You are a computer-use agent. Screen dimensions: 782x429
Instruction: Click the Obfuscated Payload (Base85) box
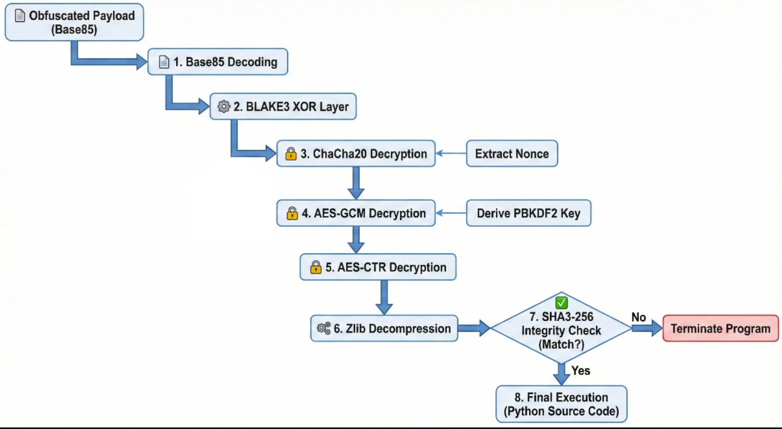pos(74,22)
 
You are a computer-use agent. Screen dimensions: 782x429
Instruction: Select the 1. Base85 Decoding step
pos(218,62)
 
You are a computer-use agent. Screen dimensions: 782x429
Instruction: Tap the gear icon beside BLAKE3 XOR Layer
pos(224,106)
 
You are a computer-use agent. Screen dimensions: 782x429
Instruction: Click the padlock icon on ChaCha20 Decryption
pos(290,153)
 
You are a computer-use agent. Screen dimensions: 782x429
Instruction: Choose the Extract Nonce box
pos(512,153)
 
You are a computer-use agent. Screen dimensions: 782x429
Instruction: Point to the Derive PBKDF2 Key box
pos(529,213)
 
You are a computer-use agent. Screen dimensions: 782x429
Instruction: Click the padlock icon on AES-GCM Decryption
pos(292,213)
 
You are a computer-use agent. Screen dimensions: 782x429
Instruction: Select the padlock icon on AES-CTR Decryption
pos(316,267)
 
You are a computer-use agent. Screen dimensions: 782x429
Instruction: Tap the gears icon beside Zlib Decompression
pos(323,328)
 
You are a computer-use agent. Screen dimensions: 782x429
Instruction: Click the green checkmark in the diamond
pos(561,303)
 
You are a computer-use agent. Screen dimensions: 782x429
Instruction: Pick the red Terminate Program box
pos(721,328)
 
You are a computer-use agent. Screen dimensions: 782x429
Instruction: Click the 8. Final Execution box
pos(561,404)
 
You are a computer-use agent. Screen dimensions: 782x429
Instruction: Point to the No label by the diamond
pos(639,317)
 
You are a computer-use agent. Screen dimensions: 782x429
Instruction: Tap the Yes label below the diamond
pos(581,370)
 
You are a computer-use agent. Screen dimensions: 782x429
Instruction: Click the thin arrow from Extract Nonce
pos(451,153)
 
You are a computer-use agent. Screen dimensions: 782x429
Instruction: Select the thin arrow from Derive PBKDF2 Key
pos(451,213)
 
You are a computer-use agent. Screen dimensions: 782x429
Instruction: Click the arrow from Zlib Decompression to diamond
pos(474,328)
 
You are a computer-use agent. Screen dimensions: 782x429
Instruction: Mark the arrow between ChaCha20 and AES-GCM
pos(356,183)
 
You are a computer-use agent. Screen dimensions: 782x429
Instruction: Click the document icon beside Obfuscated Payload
pos(20,16)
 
